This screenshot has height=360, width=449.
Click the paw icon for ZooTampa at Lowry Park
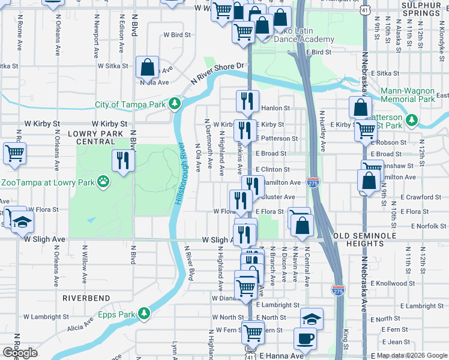coord(104,180)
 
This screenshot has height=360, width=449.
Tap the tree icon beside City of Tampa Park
coord(175,104)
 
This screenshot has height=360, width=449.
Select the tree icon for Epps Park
coord(144,314)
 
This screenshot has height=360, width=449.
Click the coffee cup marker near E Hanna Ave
coord(305,338)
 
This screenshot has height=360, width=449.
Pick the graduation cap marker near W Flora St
coord(22,223)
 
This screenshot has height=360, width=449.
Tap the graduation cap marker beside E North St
coord(312,319)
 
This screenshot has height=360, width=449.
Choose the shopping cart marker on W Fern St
coord(253,331)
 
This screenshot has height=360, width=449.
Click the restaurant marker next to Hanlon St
coord(247,101)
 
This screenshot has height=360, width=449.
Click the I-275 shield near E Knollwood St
coord(338,290)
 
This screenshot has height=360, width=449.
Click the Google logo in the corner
coord(20,353)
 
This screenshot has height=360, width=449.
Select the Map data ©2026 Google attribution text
coord(411,355)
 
